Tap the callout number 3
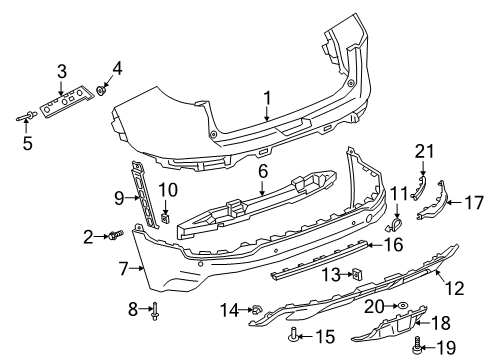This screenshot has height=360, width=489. point(62,70)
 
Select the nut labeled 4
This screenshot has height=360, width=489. point(103,91)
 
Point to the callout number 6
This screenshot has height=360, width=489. point(262,172)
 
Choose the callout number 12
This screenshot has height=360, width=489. point(454,289)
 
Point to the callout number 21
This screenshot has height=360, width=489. point(425,151)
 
